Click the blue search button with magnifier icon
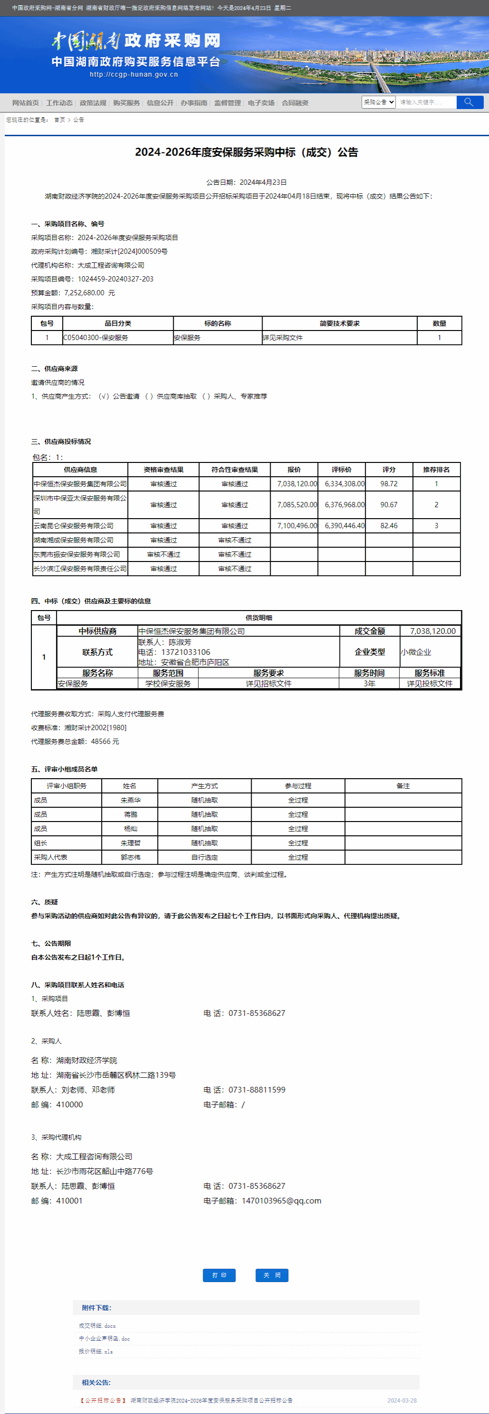coord(469,102)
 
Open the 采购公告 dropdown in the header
coord(378,102)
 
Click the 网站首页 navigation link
coord(25,103)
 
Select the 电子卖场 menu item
coord(261,103)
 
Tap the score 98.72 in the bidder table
coord(389,483)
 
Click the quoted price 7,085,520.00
coord(296,504)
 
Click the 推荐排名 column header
coord(436,469)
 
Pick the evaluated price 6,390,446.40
coord(344,525)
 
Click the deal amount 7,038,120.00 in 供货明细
coord(432,631)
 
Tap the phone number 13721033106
coord(186,652)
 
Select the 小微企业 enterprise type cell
coord(416,652)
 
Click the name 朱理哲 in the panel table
coord(130,842)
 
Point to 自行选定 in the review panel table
coord(205,857)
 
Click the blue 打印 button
coord(219,1275)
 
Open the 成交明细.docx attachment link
coord(97,1325)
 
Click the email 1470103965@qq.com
coord(281,1201)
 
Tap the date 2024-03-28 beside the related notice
coord(402,1400)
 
